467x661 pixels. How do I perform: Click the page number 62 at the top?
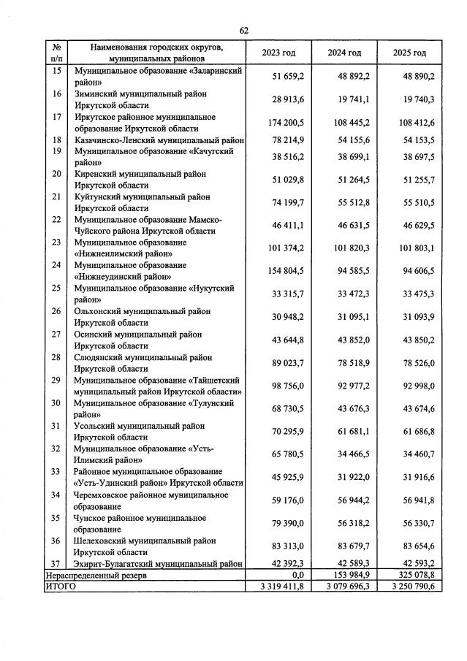[244, 30]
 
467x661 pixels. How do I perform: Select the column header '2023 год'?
[279, 53]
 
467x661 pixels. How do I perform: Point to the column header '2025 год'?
[409, 53]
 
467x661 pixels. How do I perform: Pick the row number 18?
[57, 140]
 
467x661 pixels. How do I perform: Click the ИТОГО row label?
[61, 586]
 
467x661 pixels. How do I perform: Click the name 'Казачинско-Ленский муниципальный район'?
[159, 140]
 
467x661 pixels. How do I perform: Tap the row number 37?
[57, 564]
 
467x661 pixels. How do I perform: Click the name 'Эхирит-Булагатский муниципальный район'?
[159, 564]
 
